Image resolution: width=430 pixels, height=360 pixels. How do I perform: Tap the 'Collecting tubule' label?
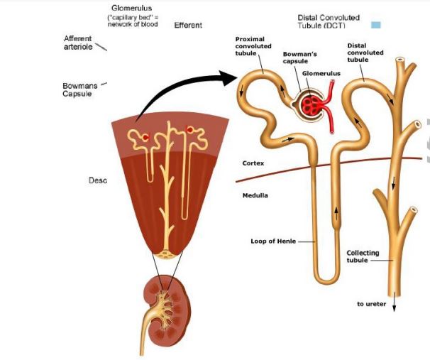pos(363,256)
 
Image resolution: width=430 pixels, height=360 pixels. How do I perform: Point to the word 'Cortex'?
pos(253,163)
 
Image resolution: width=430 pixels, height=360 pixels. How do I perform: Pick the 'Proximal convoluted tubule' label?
pos(253,45)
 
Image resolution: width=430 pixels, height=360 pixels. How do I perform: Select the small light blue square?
pos(376,25)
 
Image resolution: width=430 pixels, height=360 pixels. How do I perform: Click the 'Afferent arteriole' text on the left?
pos(77,42)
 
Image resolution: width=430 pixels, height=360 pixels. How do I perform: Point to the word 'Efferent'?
pos(188,26)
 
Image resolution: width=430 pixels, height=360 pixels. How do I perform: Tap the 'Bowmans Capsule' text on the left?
pos(79,90)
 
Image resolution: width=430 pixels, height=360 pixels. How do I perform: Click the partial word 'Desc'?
pos(97,180)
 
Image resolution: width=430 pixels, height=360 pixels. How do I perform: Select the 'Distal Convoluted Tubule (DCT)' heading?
pos(329,21)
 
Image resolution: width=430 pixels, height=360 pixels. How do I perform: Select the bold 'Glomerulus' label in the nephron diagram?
pos(321,73)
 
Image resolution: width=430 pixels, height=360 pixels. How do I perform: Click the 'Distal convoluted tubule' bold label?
pos(365,53)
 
